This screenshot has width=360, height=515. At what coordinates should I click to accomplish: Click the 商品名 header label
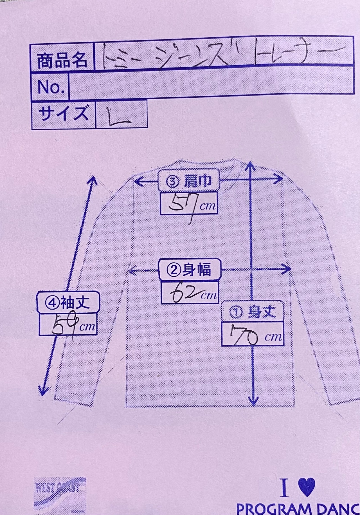tap(62, 60)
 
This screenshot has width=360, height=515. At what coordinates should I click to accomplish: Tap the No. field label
tap(51, 87)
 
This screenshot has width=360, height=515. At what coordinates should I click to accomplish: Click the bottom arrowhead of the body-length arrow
tap(253, 401)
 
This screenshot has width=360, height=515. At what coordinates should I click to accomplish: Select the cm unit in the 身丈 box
tap(273, 337)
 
